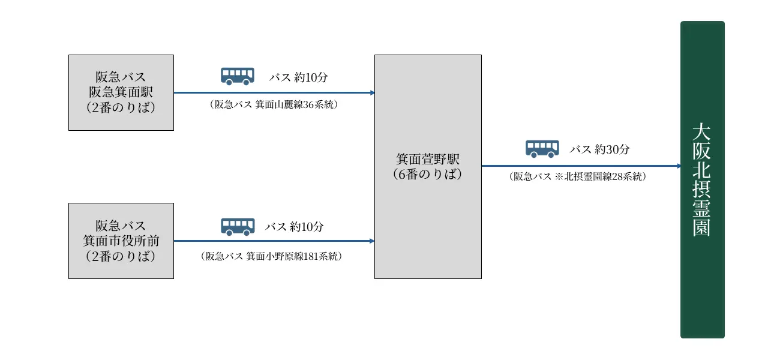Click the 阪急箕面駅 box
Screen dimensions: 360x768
point(121,92)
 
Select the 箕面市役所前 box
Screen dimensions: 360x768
point(121,241)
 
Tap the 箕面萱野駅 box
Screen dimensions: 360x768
point(428,167)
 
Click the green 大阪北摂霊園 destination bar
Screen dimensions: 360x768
point(702,180)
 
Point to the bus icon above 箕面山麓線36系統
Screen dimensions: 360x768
point(238,76)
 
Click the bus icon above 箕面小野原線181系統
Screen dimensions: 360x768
point(238,226)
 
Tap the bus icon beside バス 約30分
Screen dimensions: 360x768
point(542,149)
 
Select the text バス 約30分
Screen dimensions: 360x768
point(599,149)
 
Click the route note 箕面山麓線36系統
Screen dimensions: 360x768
point(274,104)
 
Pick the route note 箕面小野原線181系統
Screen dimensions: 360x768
point(271,256)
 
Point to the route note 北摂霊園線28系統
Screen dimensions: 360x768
point(577,176)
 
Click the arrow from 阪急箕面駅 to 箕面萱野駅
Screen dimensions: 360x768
point(274,93)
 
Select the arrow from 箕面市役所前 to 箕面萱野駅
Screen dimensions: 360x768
point(274,241)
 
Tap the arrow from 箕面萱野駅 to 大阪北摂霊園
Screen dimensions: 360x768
point(581,166)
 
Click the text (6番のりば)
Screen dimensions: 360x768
point(428,175)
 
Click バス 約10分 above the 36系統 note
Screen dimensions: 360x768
point(298,77)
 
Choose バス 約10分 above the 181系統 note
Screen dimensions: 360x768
point(295,227)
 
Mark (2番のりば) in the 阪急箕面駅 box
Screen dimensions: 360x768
point(121,107)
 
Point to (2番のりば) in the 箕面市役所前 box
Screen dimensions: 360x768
point(121,256)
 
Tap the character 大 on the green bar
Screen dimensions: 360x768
point(701,131)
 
